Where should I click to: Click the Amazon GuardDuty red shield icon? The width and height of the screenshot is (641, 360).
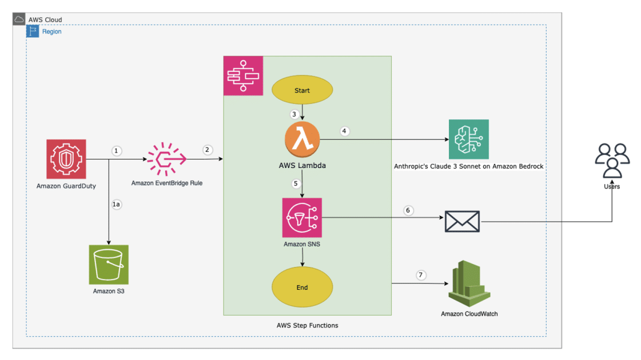click(66, 159)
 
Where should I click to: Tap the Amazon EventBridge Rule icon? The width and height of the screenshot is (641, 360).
click(166, 159)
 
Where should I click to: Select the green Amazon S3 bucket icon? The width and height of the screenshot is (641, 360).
click(109, 264)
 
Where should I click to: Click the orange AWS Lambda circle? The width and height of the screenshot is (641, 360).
click(302, 139)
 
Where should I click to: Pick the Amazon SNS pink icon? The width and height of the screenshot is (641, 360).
click(302, 217)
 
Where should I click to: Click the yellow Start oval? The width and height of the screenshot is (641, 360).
click(302, 90)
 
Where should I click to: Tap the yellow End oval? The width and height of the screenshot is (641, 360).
click(302, 287)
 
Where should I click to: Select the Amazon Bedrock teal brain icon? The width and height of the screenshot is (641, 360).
click(468, 139)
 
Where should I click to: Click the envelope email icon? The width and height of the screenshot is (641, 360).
click(462, 221)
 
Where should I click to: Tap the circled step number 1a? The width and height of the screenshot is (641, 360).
click(117, 204)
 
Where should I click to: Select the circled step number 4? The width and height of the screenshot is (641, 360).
click(344, 131)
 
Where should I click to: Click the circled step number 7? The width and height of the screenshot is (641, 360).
click(421, 275)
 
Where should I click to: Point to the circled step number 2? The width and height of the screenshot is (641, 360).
click(208, 150)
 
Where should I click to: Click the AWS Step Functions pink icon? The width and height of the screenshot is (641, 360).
click(243, 75)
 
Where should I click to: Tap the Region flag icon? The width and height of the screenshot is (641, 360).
click(33, 31)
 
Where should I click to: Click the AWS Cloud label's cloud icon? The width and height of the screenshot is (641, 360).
click(19, 19)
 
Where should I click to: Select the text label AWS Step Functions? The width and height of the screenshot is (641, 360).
click(307, 325)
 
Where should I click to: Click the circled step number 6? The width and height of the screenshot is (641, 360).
click(408, 210)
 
